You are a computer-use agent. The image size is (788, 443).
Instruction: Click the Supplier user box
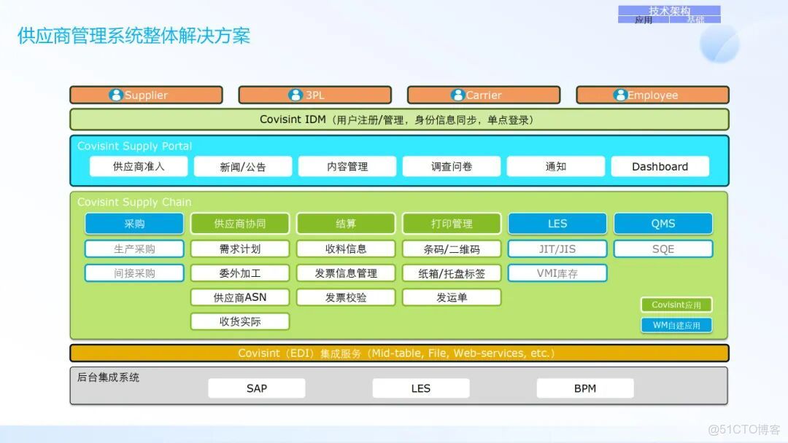coord(146,95)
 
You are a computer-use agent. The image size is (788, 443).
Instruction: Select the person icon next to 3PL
coord(295,95)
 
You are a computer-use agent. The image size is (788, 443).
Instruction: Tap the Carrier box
coord(484,95)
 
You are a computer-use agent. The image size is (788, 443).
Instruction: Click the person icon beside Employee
coord(620,95)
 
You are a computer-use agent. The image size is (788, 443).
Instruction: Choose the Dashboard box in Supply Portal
coord(660,166)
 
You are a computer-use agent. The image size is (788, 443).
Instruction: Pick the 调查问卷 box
coord(452,166)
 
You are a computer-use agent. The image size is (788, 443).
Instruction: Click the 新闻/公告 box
coord(243,166)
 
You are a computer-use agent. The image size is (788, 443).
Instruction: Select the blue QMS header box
coord(663,224)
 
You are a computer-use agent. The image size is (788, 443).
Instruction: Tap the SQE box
coord(663,248)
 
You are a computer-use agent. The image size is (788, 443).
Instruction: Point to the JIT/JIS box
coord(557,248)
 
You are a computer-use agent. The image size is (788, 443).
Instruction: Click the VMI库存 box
coord(557,273)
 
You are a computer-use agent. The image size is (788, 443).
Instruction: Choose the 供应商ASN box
coord(240,297)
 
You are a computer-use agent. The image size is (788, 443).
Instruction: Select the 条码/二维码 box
coord(452,248)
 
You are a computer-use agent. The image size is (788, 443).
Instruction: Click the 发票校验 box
coord(346,297)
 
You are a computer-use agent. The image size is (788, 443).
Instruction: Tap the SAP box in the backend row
coord(257,388)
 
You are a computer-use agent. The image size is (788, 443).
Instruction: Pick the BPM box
coord(585,388)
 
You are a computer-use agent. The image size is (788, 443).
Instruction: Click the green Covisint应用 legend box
coord(676,305)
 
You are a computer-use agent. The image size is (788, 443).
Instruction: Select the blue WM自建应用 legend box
coord(676,325)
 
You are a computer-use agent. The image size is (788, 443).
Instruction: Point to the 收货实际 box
coord(240,321)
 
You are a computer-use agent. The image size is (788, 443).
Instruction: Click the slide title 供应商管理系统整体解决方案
coord(134,36)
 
